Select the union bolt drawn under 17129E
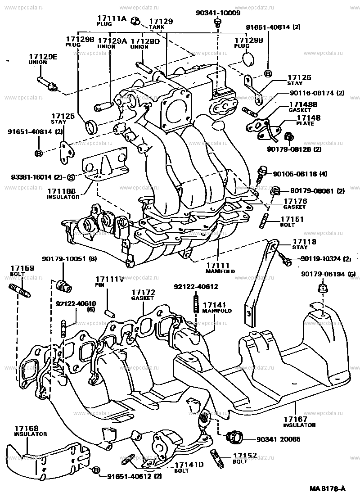click(x=46, y=83)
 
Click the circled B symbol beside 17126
click(x=268, y=73)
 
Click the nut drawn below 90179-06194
click(x=321, y=288)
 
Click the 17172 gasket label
click(x=143, y=292)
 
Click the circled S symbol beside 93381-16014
click(x=71, y=176)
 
